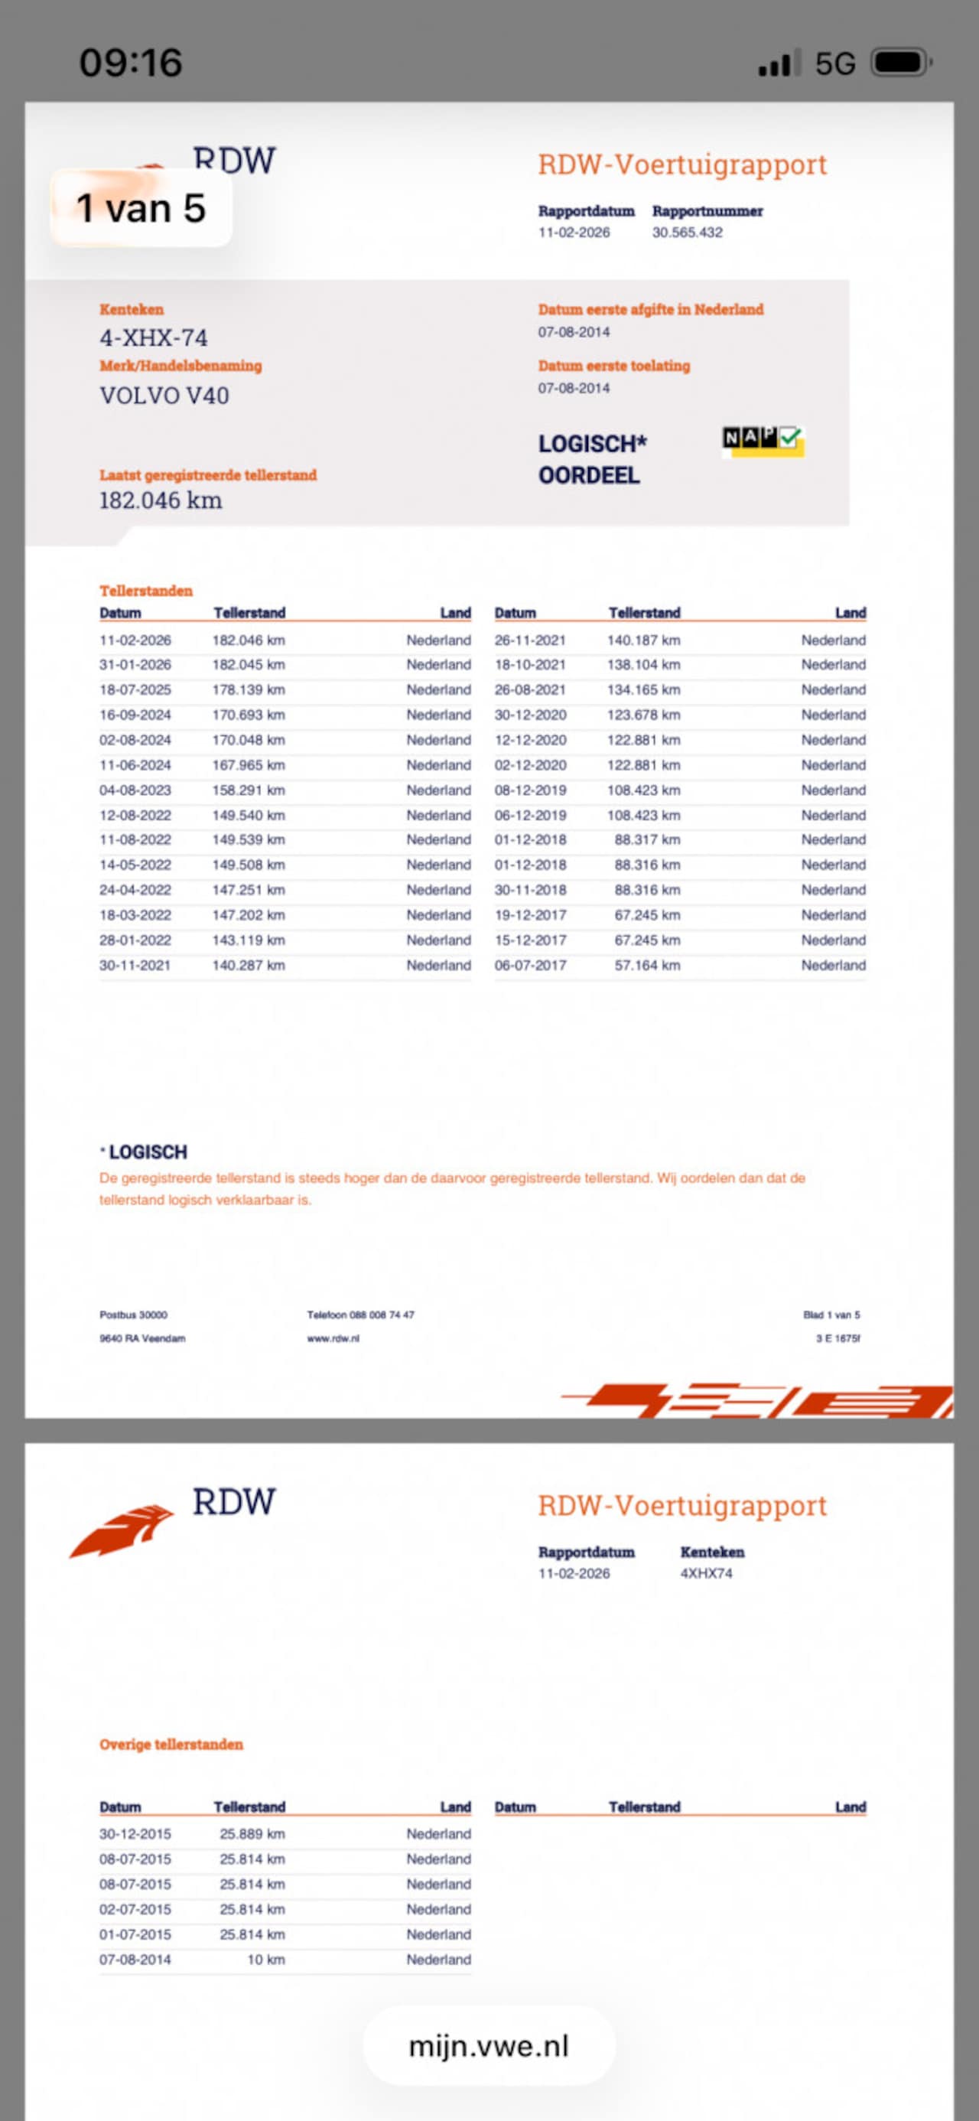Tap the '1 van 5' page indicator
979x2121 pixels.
(x=141, y=208)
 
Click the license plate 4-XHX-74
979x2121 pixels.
(x=153, y=337)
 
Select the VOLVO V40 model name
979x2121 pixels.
(x=164, y=396)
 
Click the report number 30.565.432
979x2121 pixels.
(x=687, y=232)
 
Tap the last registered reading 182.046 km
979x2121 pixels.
(x=161, y=500)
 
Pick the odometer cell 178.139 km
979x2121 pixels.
(x=248, y=690)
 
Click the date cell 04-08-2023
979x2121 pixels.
(x=135, y=790)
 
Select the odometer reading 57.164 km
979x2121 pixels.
(x=646, y=965)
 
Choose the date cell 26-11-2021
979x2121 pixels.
(x=529, y=640)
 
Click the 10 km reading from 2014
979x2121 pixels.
(x=265, y=1960)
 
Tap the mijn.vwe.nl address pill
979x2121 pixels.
(x=488, y=2046)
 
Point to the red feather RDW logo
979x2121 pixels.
(x=122, y=1530)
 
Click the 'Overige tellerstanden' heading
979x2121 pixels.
(x=171, y=1744)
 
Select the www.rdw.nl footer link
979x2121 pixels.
(x=333, y=1339)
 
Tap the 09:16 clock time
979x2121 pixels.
(x=130, y=63)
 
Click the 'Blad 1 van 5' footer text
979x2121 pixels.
(x=831, y=1315)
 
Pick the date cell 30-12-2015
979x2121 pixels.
(x=135, y=1833)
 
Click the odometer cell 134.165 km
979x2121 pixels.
(x=643, y=690)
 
